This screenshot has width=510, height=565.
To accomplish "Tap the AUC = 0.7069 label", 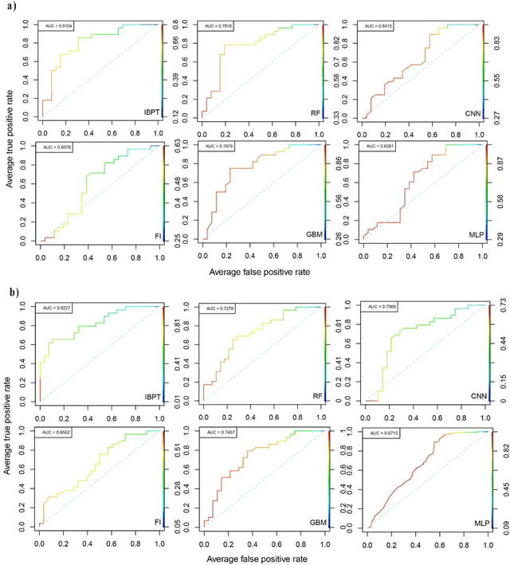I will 379,306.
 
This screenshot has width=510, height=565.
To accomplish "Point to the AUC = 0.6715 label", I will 379,431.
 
